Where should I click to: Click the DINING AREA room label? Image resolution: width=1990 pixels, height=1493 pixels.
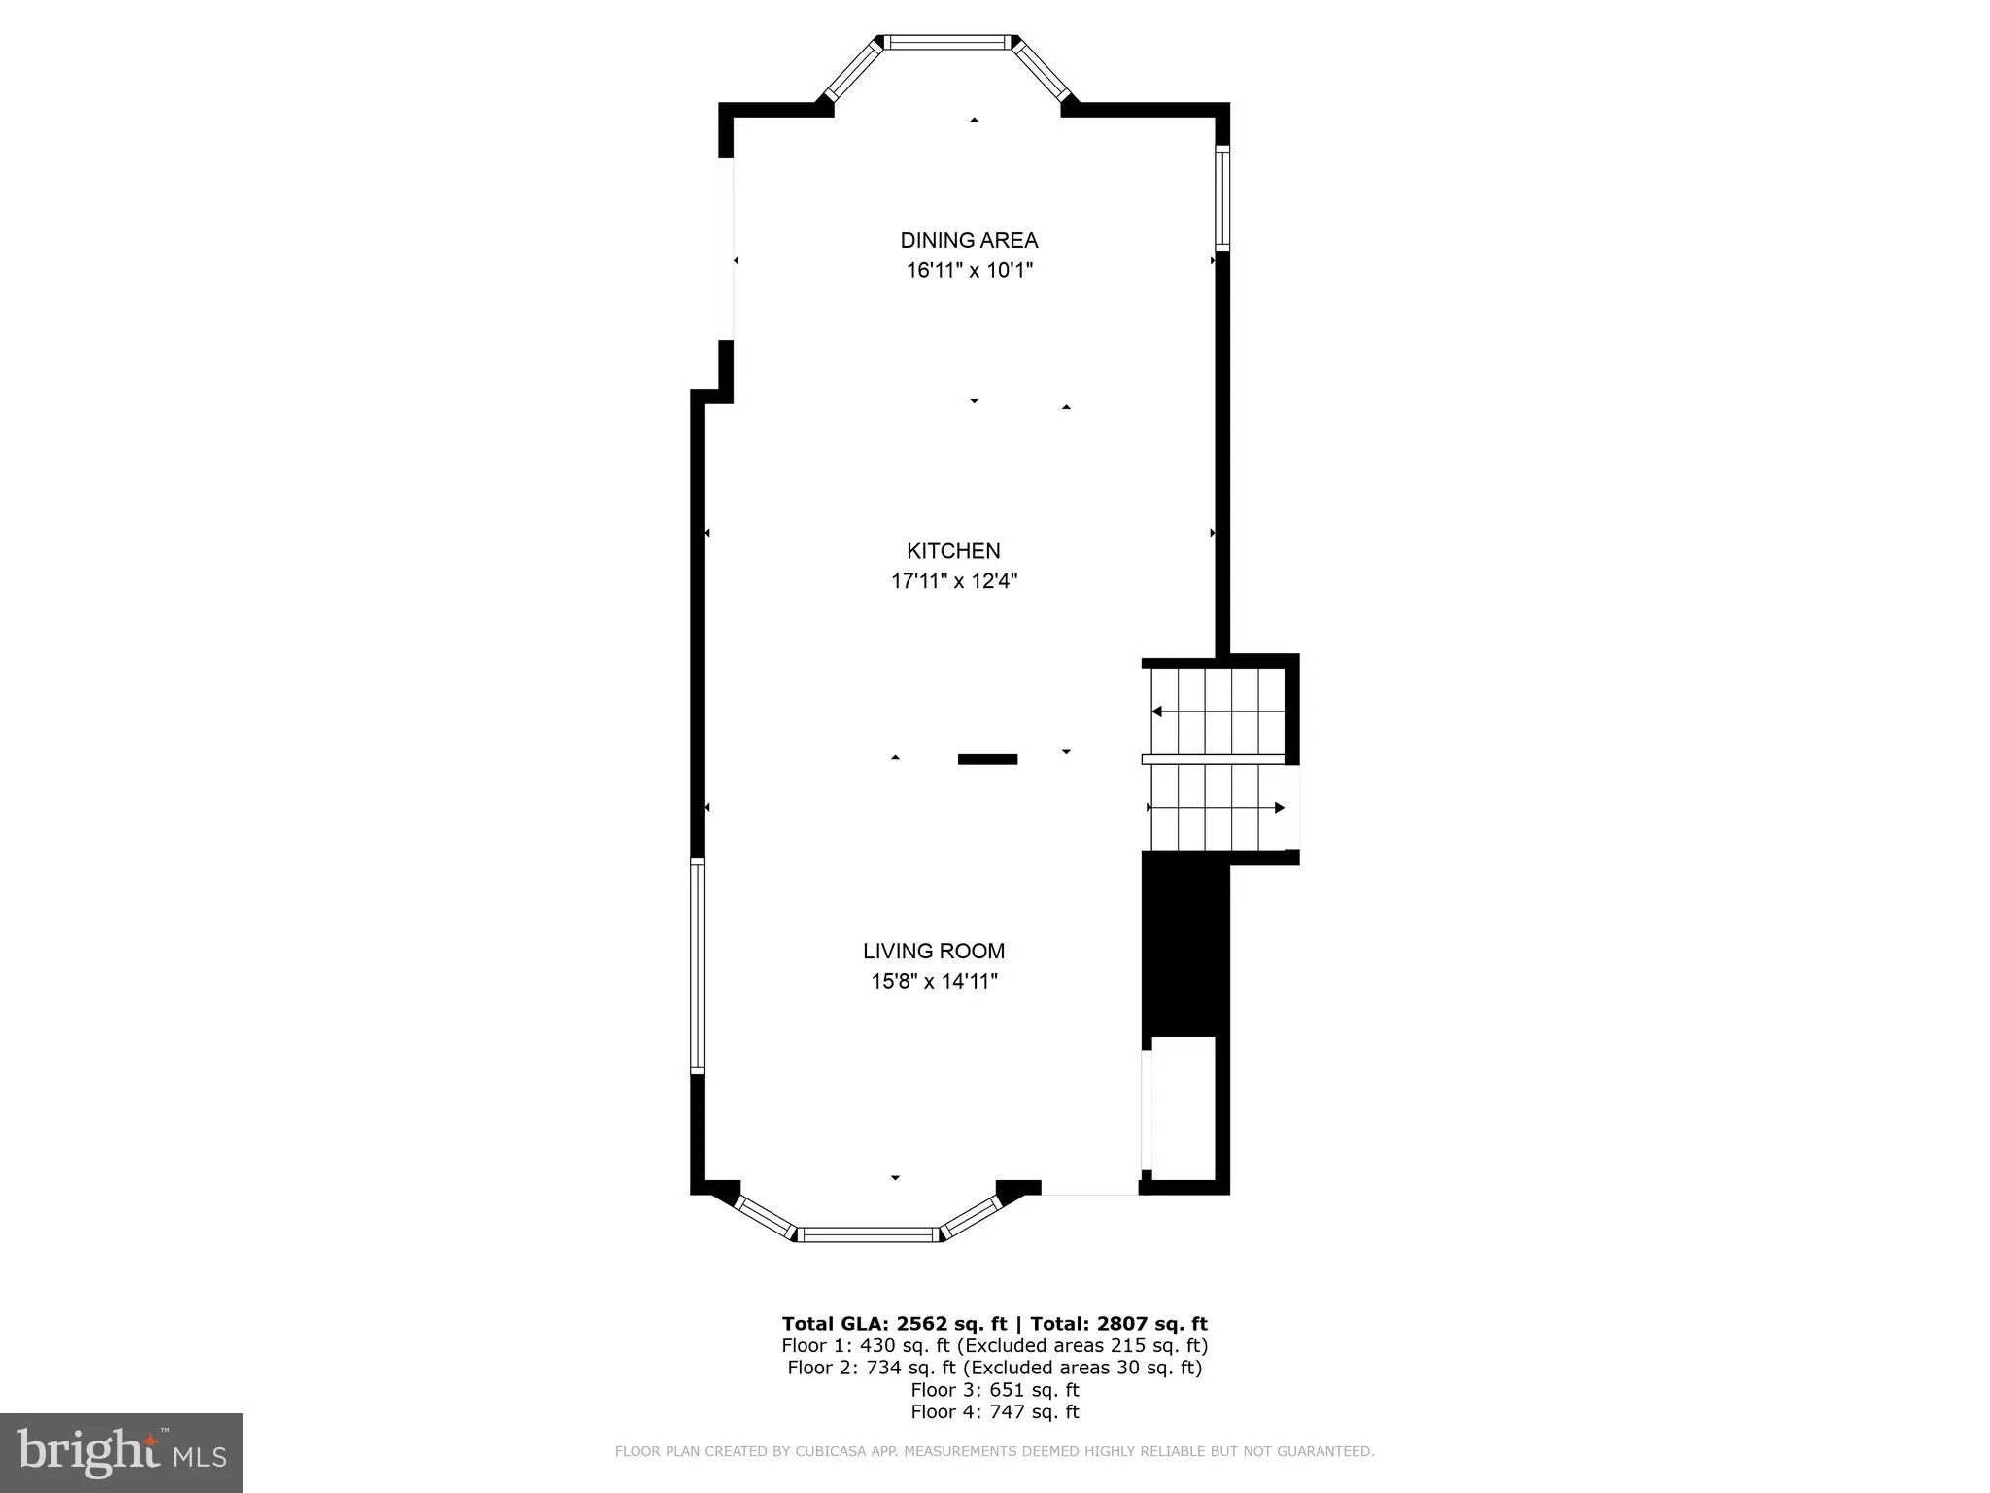[x=969, y=240]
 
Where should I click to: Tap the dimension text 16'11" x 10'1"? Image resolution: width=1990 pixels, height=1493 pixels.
[x=969, y=270]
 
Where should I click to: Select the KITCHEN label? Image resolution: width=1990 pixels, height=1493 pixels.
[x=953, y=551]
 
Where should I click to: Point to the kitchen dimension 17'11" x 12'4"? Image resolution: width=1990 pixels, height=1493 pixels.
[x=953, y=581]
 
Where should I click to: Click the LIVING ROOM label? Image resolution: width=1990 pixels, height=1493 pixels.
[x=934, y=951]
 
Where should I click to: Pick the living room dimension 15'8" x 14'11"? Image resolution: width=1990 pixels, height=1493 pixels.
[x=934, y=981]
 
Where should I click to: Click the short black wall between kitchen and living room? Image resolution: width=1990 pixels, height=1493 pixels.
[x=987, y=759]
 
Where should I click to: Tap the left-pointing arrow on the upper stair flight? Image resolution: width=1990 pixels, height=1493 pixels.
[x=1157, y=712]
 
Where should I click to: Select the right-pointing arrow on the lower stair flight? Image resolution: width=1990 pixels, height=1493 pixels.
[x=1279, y=807]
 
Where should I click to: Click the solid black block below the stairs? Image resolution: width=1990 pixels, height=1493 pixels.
[x=1184, y=943]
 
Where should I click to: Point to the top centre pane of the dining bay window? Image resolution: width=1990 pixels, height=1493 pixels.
[x=947, y=42]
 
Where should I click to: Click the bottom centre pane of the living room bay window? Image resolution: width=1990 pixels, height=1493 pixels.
[x=868, y=1234]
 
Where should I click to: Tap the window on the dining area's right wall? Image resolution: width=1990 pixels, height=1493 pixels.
[x=1222, y=197]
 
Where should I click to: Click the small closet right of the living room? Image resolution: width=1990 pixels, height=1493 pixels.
[x=1184, y=1108]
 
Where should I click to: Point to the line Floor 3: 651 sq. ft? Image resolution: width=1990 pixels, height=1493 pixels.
[x=994, y=1389]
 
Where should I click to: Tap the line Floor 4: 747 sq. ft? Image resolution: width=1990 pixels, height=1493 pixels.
[x=994, y=1411]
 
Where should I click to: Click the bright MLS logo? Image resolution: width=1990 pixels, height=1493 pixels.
[x=121, y=1452]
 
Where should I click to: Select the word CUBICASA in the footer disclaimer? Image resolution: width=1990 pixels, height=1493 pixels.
[x=833, y=1451]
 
